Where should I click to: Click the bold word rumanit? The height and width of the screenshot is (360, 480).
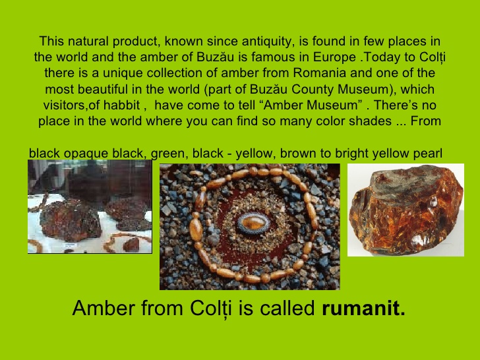coord(363,308)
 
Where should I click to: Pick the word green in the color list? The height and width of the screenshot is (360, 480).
coord(168,154)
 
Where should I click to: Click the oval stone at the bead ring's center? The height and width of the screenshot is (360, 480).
coord(250,224)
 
